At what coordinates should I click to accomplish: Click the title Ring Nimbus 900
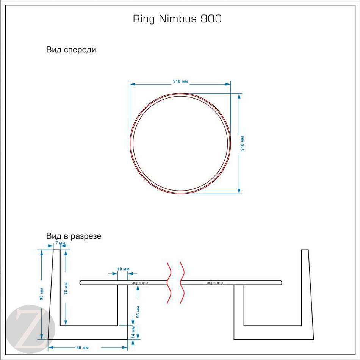177,19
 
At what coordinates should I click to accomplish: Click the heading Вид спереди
71,50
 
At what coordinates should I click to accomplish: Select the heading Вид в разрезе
74,236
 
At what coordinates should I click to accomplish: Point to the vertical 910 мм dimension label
243,144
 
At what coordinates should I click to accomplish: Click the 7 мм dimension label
60,243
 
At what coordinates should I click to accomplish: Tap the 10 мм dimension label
122,269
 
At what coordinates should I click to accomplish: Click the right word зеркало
215,283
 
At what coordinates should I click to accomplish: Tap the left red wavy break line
169,282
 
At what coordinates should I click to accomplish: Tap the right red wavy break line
182,282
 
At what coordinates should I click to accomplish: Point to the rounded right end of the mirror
280,282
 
